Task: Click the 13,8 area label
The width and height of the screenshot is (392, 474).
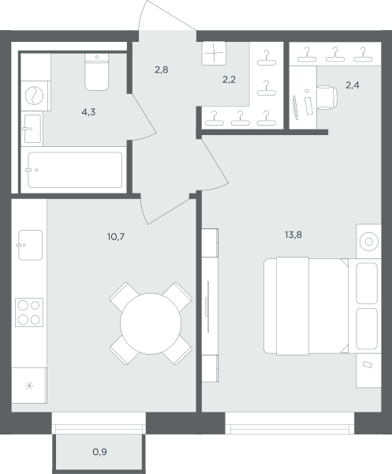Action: tap(293, 235)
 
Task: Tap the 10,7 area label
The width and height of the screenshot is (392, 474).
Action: tap(116, 237)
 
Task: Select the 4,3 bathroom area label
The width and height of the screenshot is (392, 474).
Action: tap(88, 112)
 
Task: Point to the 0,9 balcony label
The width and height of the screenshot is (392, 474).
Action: tap(99, 452)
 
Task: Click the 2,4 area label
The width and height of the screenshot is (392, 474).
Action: tap(353, 85)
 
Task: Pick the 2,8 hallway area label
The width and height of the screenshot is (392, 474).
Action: tap(162, 70)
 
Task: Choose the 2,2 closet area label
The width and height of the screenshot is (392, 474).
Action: tap(229, 80)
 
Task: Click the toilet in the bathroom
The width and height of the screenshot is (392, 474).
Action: tap(96, 72)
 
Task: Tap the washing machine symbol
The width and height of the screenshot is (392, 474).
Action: tap(35, 96)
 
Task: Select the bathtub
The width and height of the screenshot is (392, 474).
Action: tap(75, 170)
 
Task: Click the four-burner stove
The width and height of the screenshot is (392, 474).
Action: tap(29, 313)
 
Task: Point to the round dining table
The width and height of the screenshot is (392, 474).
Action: tap(151, 323)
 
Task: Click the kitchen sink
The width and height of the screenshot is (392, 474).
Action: tap(30, 245)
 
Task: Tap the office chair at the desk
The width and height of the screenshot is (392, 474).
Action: tap(327, 98)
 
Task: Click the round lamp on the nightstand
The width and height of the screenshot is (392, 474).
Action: tap(369, 242)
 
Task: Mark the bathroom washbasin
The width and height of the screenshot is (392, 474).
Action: tap(32, 129)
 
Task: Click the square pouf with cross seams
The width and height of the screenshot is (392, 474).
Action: tap(214, 53)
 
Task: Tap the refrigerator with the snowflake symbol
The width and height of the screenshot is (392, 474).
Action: tap(29, 386)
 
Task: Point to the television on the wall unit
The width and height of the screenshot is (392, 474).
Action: tap(208, 307)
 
